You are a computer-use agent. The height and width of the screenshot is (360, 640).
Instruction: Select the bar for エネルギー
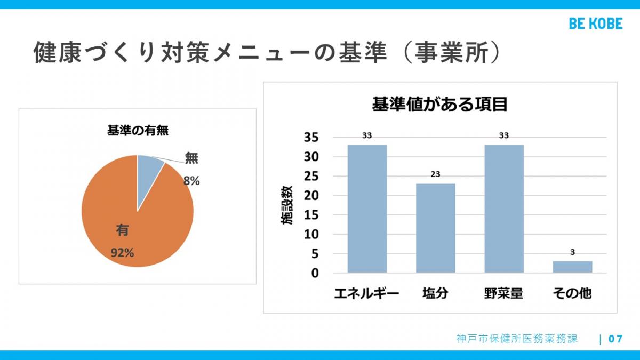pos(367,209)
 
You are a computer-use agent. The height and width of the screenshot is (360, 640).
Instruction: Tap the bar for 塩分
pos(435,228)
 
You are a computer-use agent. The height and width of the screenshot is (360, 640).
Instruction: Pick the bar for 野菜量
pos(504,209)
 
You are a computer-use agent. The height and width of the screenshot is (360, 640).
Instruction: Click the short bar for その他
pos(572,267)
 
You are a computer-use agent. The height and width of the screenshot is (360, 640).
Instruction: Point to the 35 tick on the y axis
pos(311,138)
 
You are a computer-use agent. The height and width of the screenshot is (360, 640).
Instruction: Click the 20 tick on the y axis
pos(311,196)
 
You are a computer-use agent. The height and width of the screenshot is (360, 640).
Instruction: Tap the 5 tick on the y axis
pos(315,254)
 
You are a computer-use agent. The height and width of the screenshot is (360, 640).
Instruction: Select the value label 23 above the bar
pos(435,174)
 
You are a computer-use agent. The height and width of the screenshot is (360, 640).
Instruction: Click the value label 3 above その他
pos(572,253)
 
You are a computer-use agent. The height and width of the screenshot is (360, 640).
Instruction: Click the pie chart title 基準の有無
pos(138,130)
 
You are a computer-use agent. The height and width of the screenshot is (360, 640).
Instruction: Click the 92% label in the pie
pos(122,253)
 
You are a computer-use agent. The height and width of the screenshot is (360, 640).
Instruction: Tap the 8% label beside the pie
pos(191,181)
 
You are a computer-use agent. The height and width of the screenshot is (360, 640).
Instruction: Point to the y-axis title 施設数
pos(287,206)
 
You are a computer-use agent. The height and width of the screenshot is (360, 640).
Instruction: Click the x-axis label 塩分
pos(435,293)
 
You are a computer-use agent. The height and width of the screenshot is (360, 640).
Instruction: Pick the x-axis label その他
pos(572,293)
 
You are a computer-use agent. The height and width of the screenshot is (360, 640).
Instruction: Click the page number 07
pos(615,339)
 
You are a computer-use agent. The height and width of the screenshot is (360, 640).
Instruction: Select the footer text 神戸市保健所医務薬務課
pos(517,339)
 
